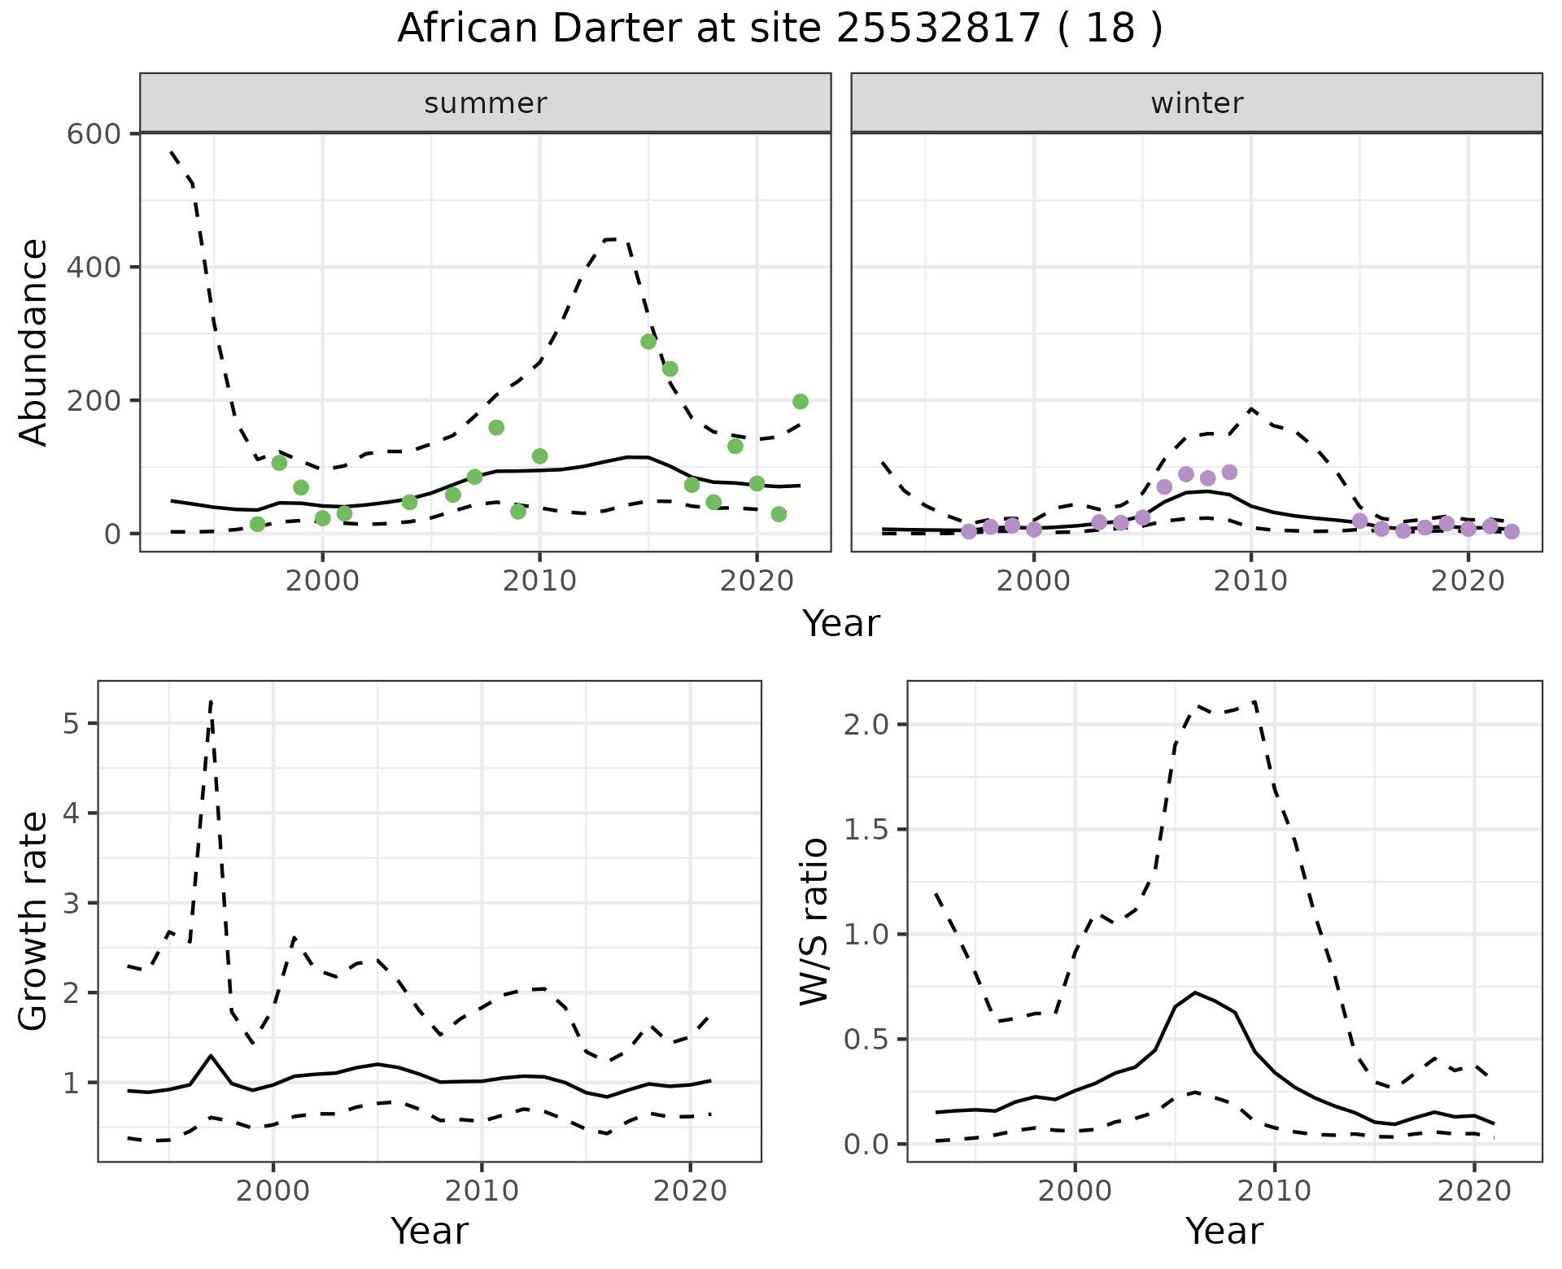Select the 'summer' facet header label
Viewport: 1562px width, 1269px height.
pyautogui.click(x=486, y=103)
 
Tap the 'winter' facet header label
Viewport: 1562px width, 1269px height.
pyautogui.click(x=1197, y=103)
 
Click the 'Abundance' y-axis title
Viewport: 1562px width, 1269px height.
pyautogui.click(x=34, y=342)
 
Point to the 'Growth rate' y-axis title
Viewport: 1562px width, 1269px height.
pyautogui.click(x=34, y=921)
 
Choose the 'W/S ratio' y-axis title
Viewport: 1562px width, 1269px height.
pyautogui.click(x=814, y=921)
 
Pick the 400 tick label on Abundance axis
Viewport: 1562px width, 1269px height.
pyautogui.click(x=93, y=267)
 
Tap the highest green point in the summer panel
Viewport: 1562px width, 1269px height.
pyautogui.click(x=648, y=342)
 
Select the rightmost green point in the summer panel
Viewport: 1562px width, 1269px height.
pyautogui.click(x=801, y=401)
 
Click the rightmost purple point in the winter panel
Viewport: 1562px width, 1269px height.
pyautogui.click(x=1512, y=531)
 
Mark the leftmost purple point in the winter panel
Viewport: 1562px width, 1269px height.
pyautogui.click(x=969, y=531)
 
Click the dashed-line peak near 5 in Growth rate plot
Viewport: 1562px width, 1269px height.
pyautogui.click(x=212, y=701)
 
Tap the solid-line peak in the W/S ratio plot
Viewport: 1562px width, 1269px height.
pyautogui.click(x=1194, y=992)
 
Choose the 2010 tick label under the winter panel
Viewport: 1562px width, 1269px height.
pyautogui.click(x=1251, y=581)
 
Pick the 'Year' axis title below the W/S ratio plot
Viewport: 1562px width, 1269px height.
pyautogui.click(x=1224, y=1232)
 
